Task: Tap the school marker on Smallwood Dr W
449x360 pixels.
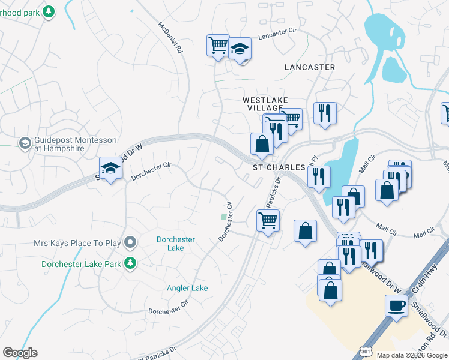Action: pos(110,169)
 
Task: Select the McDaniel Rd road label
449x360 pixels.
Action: pos(170,39)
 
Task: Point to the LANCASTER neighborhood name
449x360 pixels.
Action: pos(310,67)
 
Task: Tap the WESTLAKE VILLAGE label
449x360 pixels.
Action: pos(265,103)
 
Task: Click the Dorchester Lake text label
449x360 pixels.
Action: pos(175,244)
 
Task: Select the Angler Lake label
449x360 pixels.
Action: pos(187,288)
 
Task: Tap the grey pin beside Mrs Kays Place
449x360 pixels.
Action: pos(130,243)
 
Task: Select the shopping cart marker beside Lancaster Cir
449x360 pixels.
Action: pos(218,45)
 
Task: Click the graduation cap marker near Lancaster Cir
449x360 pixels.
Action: pos(240,49)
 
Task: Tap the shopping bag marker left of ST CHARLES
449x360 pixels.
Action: pos(262,143)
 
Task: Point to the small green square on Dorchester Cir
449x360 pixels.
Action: pos(224,217)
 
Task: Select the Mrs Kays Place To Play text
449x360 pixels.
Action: pos(77,244)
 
